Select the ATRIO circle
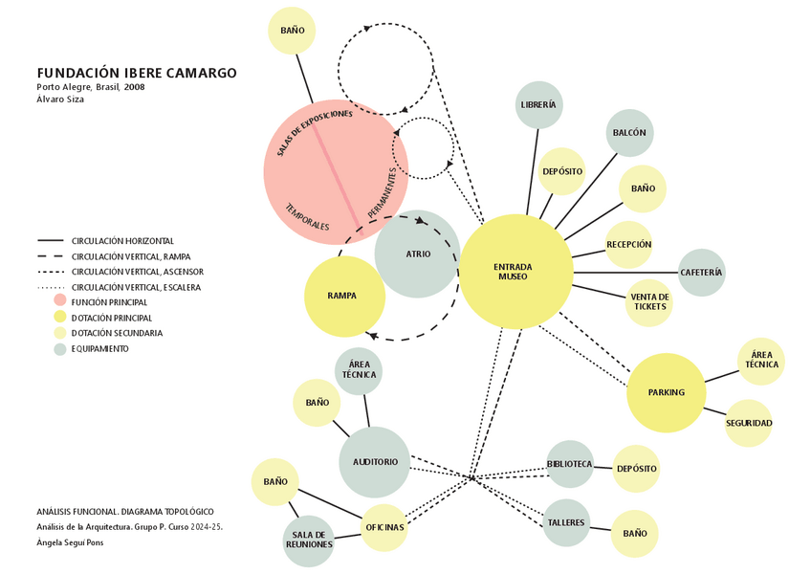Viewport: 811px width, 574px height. [x=417, y=254]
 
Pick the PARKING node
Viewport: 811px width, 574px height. [x=666, y=392]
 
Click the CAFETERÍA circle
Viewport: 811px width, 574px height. [x=702, y=273]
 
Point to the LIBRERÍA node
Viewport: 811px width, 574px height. [x=538, y=104]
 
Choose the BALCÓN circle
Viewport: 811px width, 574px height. [x=629, y=133]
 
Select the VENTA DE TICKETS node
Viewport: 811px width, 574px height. [x=649, y=302]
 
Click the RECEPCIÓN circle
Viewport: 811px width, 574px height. [x=628, y=245]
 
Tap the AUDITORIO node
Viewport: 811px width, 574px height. [x=375, y=462]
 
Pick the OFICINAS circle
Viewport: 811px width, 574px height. [x=384, y=527]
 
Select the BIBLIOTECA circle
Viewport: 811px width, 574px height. [x=570, y=464]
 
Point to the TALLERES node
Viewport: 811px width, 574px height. [x=566, y=522]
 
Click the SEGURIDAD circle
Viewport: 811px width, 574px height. [x=748, y=423]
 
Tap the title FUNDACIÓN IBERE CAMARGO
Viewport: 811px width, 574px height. [x=137, y=73]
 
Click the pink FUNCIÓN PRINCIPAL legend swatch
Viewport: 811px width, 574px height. [x=60, y=301]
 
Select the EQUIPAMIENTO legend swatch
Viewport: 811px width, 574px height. [x=60, y=349]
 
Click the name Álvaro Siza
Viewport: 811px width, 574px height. [x=60, y=99]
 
